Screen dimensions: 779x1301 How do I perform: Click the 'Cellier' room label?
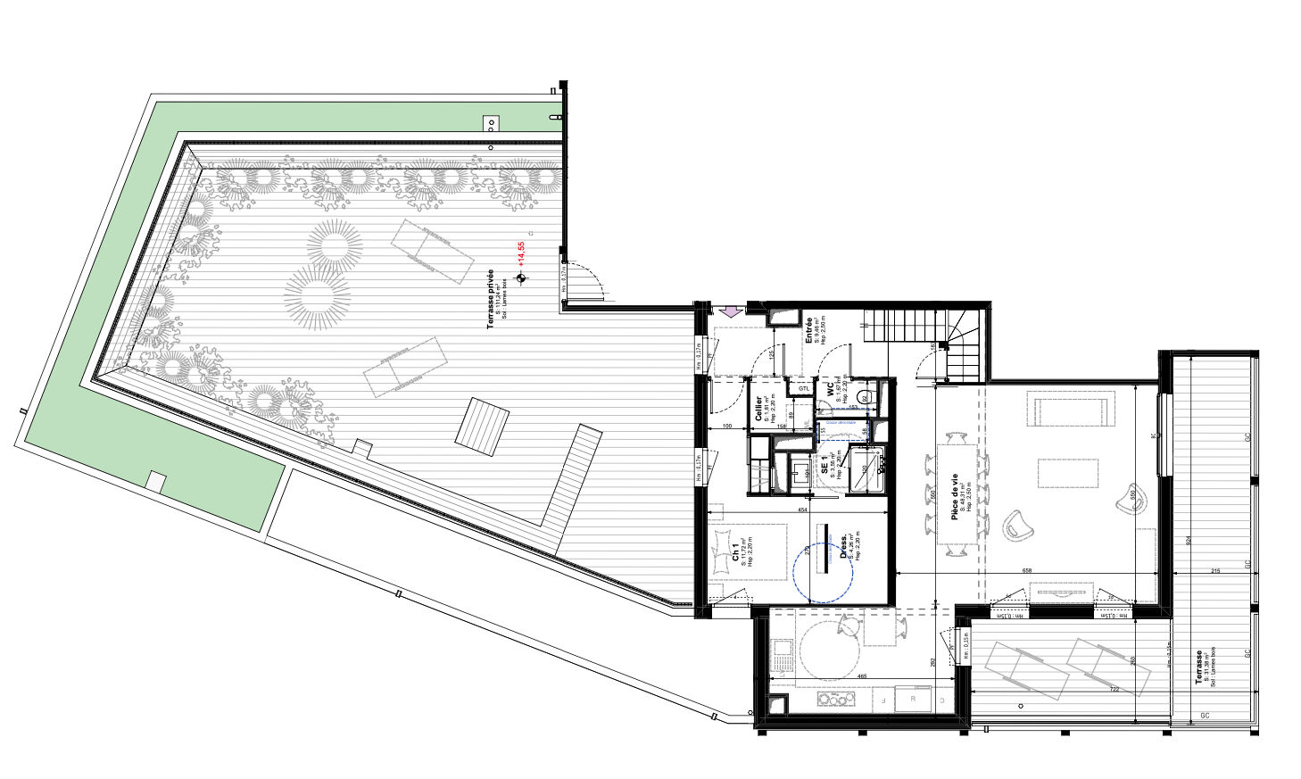759,410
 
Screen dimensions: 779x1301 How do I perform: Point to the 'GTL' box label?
804,388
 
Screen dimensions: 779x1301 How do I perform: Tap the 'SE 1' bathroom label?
824,467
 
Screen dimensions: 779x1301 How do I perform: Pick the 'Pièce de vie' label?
954,497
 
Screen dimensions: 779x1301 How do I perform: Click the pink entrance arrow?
729,311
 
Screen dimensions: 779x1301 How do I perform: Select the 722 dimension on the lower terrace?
1113,689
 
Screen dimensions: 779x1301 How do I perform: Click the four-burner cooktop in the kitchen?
833,699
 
